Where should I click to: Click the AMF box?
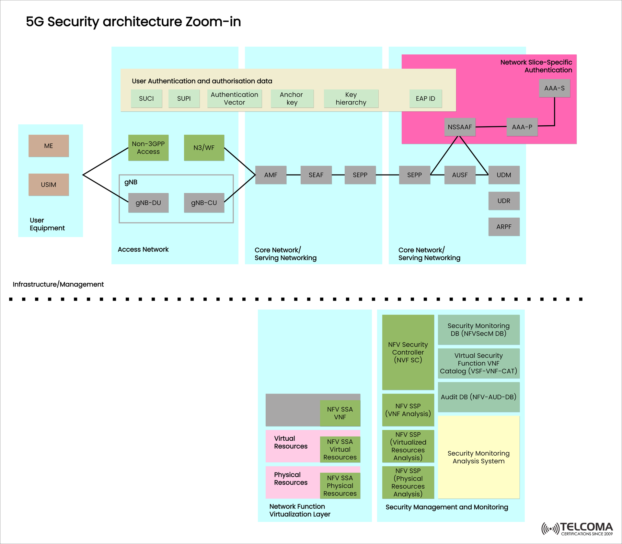[271, 175]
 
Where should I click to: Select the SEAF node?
[316, 175]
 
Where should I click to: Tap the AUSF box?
[460, 175]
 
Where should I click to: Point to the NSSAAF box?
[460, 127]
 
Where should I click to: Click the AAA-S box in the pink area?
[554, 88]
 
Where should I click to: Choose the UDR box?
[504, 201]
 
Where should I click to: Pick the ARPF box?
[504, 227]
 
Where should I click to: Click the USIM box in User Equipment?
[49, 185]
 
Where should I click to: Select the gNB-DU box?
[148, 203]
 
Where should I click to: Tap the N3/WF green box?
[204, 148]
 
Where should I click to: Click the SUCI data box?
[146, 98]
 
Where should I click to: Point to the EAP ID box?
[425, 98]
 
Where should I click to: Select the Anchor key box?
[292, 98]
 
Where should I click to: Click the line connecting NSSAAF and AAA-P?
[491, 127]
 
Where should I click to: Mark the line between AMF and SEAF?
[294, 175]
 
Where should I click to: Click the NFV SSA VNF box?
[340, 413]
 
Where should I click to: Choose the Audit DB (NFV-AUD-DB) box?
[478, 397]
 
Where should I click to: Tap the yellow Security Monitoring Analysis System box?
[478, 457]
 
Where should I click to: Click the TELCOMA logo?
[577, 528]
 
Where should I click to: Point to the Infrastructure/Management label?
[58, 284]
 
